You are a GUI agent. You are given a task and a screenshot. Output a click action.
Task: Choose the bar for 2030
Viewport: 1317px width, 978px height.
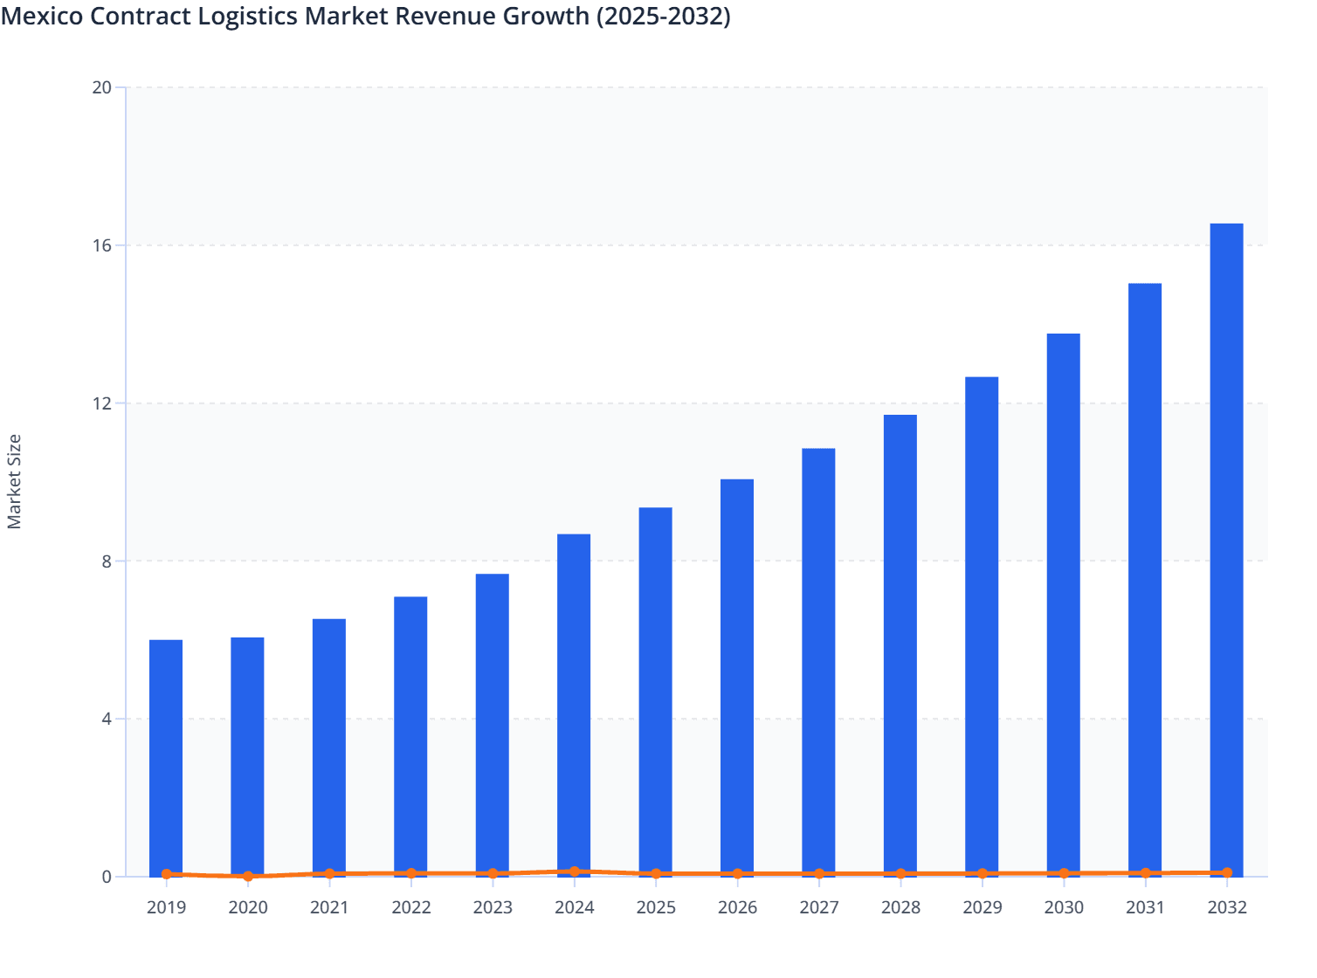click(x=1063, y=603)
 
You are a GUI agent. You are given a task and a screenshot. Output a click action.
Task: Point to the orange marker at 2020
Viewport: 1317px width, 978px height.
click(x=248, y=876)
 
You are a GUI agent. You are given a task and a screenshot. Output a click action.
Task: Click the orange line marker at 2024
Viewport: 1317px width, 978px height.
click(x=574, y=871)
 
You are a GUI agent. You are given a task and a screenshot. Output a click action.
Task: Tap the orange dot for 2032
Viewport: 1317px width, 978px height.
click(x=1226, y=872)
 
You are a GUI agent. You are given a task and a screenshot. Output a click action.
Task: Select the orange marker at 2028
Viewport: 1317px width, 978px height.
click(x=900, y=873)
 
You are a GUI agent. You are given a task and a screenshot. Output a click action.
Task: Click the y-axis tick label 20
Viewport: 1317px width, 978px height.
click(x=102, y=87)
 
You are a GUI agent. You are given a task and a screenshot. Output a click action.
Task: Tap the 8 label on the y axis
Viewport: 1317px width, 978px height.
click(x=107, y=561)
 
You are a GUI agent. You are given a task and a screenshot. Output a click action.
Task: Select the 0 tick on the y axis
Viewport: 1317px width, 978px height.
click(x=107, y=877)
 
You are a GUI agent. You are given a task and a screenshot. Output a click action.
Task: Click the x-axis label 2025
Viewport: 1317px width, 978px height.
click(x=656, y=907)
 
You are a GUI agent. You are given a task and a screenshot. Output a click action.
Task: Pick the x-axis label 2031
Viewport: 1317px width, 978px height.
click(x=1145, y=907)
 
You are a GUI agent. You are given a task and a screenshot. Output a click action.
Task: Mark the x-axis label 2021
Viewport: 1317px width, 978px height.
click(x=329, y=907)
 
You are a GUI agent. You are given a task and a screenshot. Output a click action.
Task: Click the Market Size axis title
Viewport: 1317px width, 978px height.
click(x=14, y=482)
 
